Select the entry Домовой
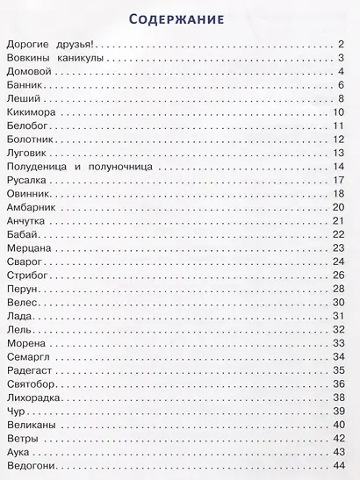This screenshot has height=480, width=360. (x=26, y=71)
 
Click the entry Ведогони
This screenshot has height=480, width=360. (x=29, y=464)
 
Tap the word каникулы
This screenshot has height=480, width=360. (x=81, y=58)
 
